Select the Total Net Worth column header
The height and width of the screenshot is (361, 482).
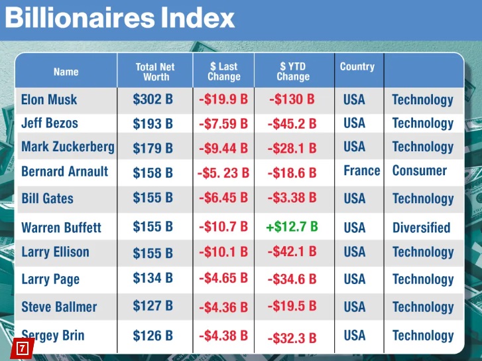[155, 72]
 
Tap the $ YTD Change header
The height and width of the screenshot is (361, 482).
[293, 72]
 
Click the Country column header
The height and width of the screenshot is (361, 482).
[357, 66]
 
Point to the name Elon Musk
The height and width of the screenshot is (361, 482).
[49, 100]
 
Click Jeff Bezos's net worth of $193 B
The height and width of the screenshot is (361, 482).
[152, 123]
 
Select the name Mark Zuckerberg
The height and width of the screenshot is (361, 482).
[68, 147]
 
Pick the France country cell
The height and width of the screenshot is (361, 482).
[361, 171]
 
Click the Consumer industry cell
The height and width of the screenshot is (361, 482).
[420, 171]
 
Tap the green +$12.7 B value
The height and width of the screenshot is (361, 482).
[291, 227]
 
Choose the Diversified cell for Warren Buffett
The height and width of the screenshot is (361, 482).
[421, 228]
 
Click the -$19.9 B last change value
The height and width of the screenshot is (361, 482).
[223, 100]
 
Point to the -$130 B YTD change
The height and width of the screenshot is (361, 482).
[292, 100]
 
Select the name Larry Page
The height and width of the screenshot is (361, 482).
[50, 279]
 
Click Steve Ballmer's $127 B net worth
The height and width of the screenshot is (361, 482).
[152, 307]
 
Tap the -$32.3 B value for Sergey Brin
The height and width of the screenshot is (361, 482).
[292, 338]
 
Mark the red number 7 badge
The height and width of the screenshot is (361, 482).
[23, 347]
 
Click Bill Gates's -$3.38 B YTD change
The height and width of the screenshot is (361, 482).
[292, 198]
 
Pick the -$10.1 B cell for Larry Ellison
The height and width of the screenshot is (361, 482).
[223, 252]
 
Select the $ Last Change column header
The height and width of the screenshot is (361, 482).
[224, 72]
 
